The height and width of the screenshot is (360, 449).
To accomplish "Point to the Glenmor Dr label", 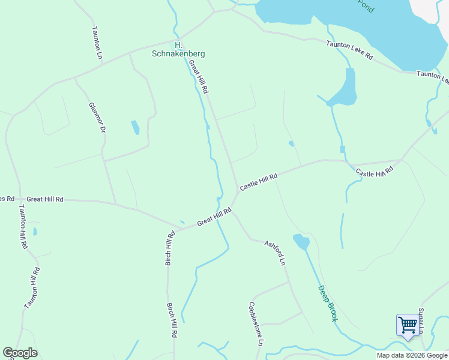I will (x=97, y=117).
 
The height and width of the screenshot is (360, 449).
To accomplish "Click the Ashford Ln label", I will (x=275, y=252).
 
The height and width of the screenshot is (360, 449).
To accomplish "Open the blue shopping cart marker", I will (x=408, y=326).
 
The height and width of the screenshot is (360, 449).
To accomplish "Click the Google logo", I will (x=20, y=353).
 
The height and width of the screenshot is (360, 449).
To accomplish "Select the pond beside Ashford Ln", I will (x=301, y=242).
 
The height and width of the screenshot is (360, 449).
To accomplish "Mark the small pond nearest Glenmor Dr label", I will (x=135, y=127).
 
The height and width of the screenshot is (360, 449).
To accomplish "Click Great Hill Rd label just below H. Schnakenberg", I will (x=199, y=76).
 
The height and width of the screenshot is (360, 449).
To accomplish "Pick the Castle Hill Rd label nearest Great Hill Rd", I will (x=259, y=182).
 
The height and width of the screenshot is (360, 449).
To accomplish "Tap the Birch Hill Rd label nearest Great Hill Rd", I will (x=170, y=248).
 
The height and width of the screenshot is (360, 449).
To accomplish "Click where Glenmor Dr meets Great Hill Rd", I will (x=115, y=202).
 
